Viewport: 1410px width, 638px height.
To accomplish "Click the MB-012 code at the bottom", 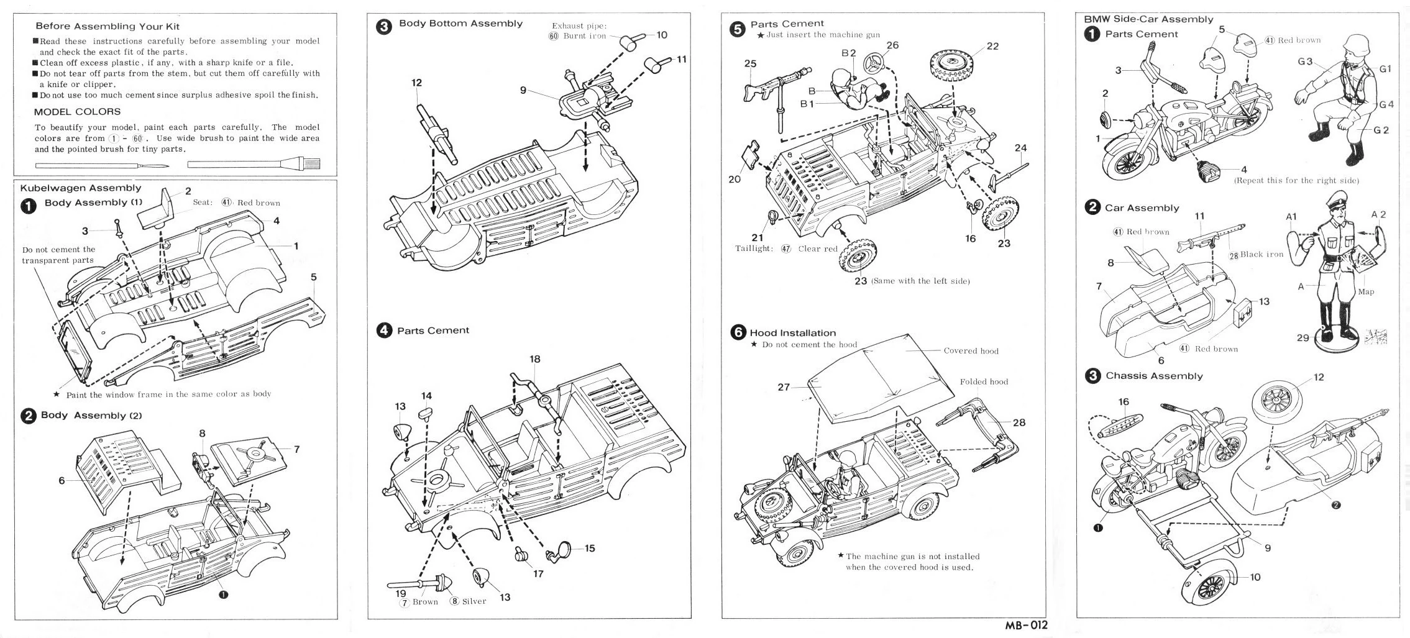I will click(1026, 625).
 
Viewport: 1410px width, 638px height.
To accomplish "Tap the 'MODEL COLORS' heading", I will click(77, 112).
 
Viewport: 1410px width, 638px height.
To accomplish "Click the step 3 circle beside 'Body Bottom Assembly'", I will click(385, 27).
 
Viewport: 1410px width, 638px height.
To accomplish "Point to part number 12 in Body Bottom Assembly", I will click(416, 83).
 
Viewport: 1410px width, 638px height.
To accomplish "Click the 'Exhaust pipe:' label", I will click(579, 26).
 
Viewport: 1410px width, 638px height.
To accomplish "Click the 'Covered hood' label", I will click(971, 351).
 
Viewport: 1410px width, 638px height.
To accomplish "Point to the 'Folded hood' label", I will click(984, 382).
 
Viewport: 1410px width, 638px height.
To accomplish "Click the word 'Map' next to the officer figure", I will click(1366, 291).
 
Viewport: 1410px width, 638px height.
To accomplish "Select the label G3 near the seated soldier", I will click(1305, 62).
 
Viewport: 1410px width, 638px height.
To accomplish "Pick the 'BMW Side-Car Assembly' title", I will click(1148, 19).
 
